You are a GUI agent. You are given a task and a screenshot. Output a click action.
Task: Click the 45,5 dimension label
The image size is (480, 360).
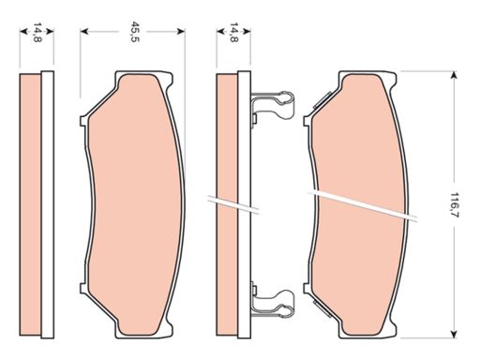tap(134, 32)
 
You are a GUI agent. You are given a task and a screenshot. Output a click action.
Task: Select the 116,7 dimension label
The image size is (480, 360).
tap(454, 204)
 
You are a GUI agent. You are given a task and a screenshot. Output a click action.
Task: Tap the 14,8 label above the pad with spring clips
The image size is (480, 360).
tap(233, 32)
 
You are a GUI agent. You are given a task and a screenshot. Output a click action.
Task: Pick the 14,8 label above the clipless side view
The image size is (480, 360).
tap(37, 32)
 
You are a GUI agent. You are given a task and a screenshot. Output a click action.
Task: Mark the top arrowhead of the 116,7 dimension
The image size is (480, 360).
tap(453, 75)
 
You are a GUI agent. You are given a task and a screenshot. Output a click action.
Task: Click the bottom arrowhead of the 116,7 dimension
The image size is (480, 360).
tap(453, 333)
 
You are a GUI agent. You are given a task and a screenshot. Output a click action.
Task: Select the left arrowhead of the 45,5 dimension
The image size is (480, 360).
tap(84, 31)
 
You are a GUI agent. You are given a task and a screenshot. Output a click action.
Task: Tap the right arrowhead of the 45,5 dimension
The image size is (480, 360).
tap(181, 31)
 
